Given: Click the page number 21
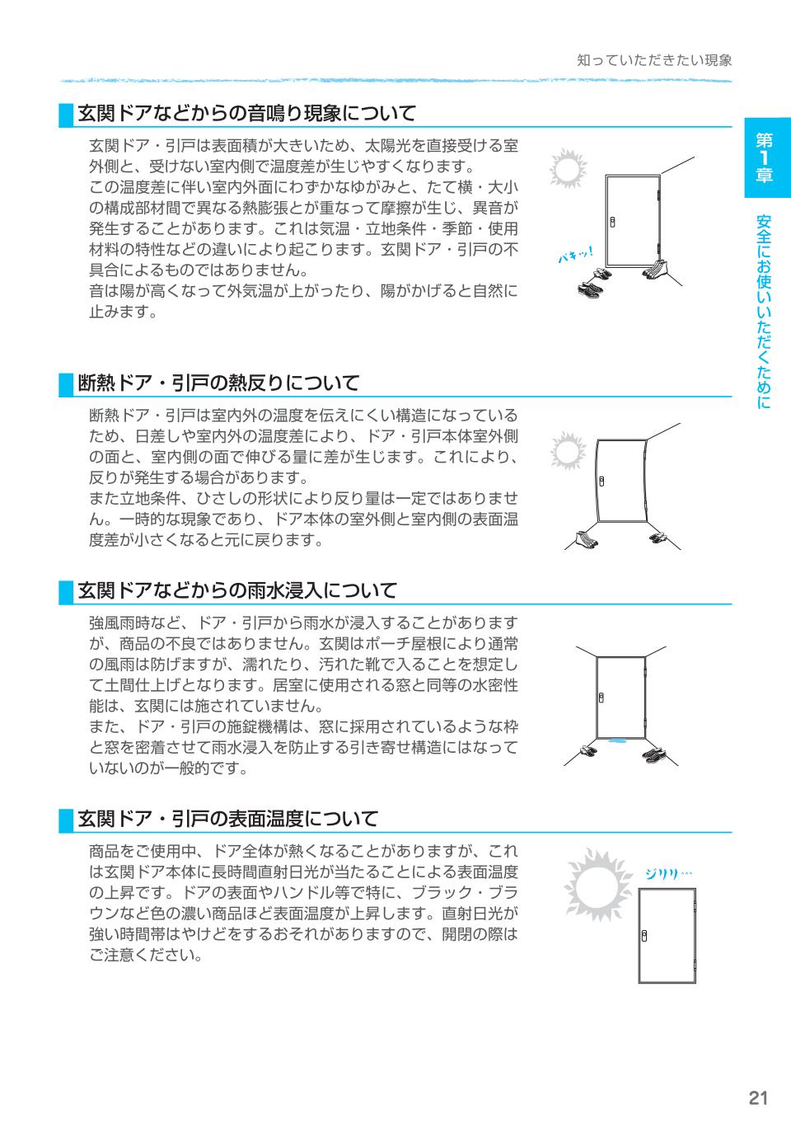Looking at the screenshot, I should click(758, 1097).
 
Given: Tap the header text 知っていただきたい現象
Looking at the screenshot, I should click(654, 61).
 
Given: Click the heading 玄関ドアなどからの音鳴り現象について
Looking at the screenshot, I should click(246, 113).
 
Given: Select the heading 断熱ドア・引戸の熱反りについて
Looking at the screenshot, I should click(218, 383).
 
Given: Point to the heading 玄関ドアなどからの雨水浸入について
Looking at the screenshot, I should click(237, 590).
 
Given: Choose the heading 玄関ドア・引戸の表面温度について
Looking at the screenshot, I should click(227, 819).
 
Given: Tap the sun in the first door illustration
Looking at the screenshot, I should click(567, 169).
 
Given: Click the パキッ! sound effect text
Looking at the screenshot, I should click(574, 256).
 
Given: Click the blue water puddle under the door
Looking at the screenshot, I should click(615, 742).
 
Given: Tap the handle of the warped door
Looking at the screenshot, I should click(602, 481).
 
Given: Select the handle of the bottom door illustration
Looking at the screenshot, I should click(645, 936).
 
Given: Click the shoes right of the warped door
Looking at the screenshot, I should click(659, 538).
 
